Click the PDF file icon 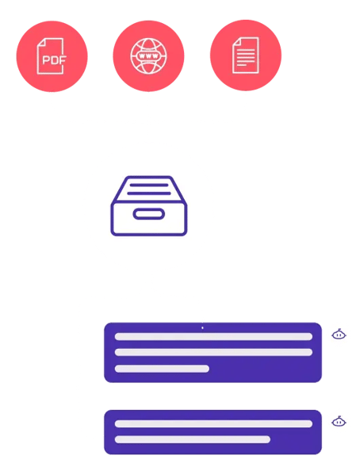50,56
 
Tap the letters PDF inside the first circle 54,60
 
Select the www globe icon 148,56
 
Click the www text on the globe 148,56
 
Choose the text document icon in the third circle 246,56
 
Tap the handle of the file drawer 149,214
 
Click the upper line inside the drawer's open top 149,185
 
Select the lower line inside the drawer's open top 149,193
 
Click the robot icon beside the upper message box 339,334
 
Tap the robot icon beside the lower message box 339,421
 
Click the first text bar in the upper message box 213,336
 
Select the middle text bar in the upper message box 213,352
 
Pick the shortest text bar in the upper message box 162,369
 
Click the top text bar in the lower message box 213,423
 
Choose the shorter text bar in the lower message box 193,439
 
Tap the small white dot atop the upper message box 202,328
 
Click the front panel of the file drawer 149,219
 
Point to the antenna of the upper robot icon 339,329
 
